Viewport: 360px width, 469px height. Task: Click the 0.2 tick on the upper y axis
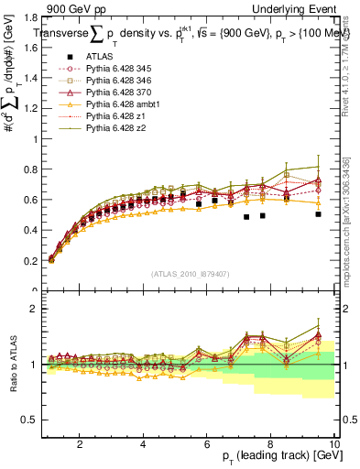31,261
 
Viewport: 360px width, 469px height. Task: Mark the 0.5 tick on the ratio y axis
31,420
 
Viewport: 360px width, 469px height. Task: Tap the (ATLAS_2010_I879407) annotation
189,272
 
